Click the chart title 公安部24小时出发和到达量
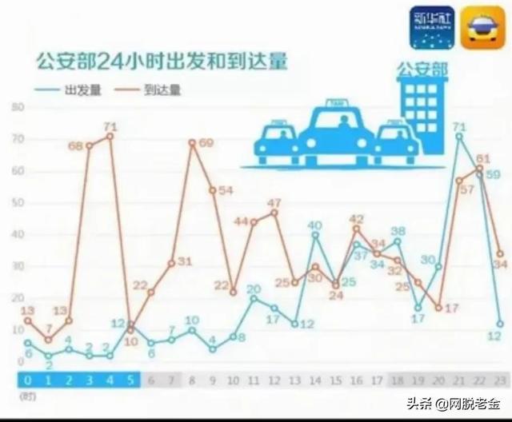[x=160, y=62]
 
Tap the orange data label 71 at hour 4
[x=110, y=126]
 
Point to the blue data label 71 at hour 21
[x=458, y=126]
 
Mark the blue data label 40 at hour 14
[x=315, y=225]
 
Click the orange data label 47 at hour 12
[x=274, y=202]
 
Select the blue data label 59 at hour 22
[x=494, y=173]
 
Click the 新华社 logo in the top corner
[x=431, y=26]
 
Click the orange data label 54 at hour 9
[x=226, y=190]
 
